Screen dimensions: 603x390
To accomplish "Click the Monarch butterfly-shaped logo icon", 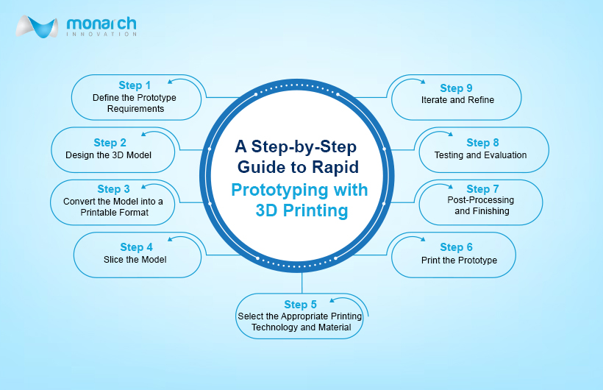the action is click(x=37, y=26).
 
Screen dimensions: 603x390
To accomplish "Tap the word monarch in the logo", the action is click(x=101, y=24).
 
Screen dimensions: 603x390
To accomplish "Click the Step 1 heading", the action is click(x=135, y=85).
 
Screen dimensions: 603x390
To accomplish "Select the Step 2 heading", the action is click(x=110, y=143).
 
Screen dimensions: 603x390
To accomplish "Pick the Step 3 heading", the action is click(x=113, y=189).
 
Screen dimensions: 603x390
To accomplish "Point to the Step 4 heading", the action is click(x=136, y=247).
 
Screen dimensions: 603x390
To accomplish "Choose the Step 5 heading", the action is click(x=300, y=305).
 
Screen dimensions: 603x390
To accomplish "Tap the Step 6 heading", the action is click(x=456, y=247).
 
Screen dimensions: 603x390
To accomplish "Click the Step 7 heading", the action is click(x=482, y=189).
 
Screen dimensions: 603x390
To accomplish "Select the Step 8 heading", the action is click(x=482, y=143).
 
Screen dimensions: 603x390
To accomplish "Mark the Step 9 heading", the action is click(x=456, y=88).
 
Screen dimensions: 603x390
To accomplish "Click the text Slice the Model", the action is click(x=135, y=260).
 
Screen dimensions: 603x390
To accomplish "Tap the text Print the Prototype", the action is click(x=459, y=260).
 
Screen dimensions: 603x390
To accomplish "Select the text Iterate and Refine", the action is click(x=457, y=100).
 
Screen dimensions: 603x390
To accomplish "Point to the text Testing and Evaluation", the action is click(x=481, y=155).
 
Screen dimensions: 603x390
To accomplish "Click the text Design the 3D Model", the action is click(x=108, y=155).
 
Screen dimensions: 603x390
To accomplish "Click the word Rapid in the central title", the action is click(x=335, y=168).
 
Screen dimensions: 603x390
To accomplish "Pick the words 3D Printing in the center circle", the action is click(x=302, y=210).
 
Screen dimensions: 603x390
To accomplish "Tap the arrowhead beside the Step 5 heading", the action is click(x=332, y=300).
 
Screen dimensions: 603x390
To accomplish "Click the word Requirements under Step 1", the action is click(x=136, y=109).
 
